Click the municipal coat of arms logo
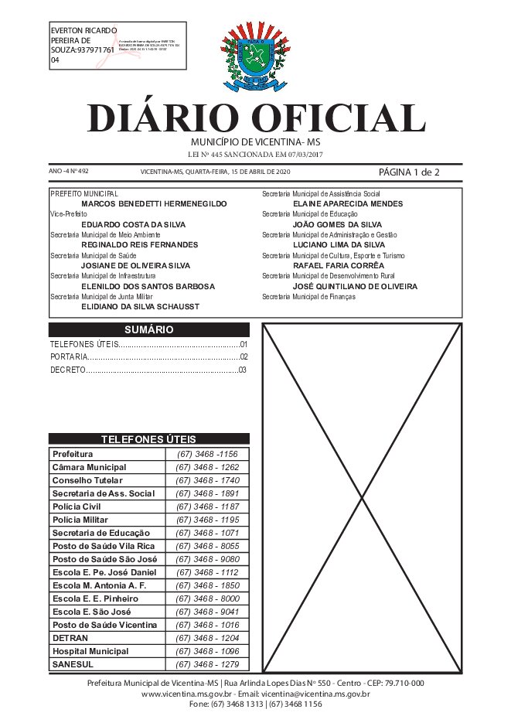pyautogui.click(x=255, y=58)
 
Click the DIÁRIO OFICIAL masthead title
pyautogui.click(x=255, y=118)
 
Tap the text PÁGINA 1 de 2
pyautogui.click(x=409, y=172)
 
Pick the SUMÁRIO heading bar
pyautogui.click(x=148, y=329)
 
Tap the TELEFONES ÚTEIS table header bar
pyautogui.click(x=148, y=439)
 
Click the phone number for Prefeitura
pyautogui.click(x=207, y=454)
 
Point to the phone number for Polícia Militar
pyautogui.click(x=207, y=520)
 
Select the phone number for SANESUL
pyautogui.click(x=207, y=664)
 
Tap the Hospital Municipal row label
pyautogui.click(x=90, y=651)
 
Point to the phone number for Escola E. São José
pyautogui.click(x=207, y=612)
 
